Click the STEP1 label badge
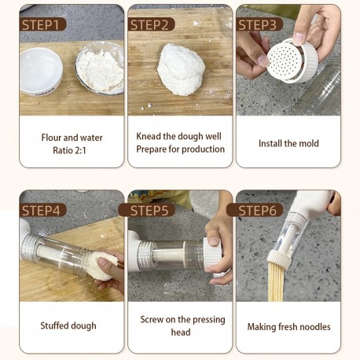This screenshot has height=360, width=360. pos(42,24)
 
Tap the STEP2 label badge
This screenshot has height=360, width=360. pos(151,24)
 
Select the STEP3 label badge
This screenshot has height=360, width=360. pos(259,24)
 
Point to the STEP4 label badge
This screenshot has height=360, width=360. pos(42,210)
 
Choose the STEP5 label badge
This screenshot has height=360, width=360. pos(147,210)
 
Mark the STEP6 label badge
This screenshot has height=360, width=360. pos(255,210)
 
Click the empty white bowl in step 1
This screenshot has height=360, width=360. pos(41,72)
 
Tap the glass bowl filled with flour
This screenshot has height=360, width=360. pos(100,68)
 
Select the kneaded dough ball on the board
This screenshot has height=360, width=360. pos(181,69)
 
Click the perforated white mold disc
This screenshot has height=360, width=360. pos(285,61)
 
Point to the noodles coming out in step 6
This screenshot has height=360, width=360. pos(277,282)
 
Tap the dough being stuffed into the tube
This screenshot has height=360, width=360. pos(105,266)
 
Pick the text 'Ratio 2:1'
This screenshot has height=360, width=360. pos(69,150)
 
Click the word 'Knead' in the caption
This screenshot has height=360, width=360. pos(149,136)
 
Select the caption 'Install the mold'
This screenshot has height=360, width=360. pos(288,144)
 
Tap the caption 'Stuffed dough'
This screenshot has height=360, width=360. pos(68,325)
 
